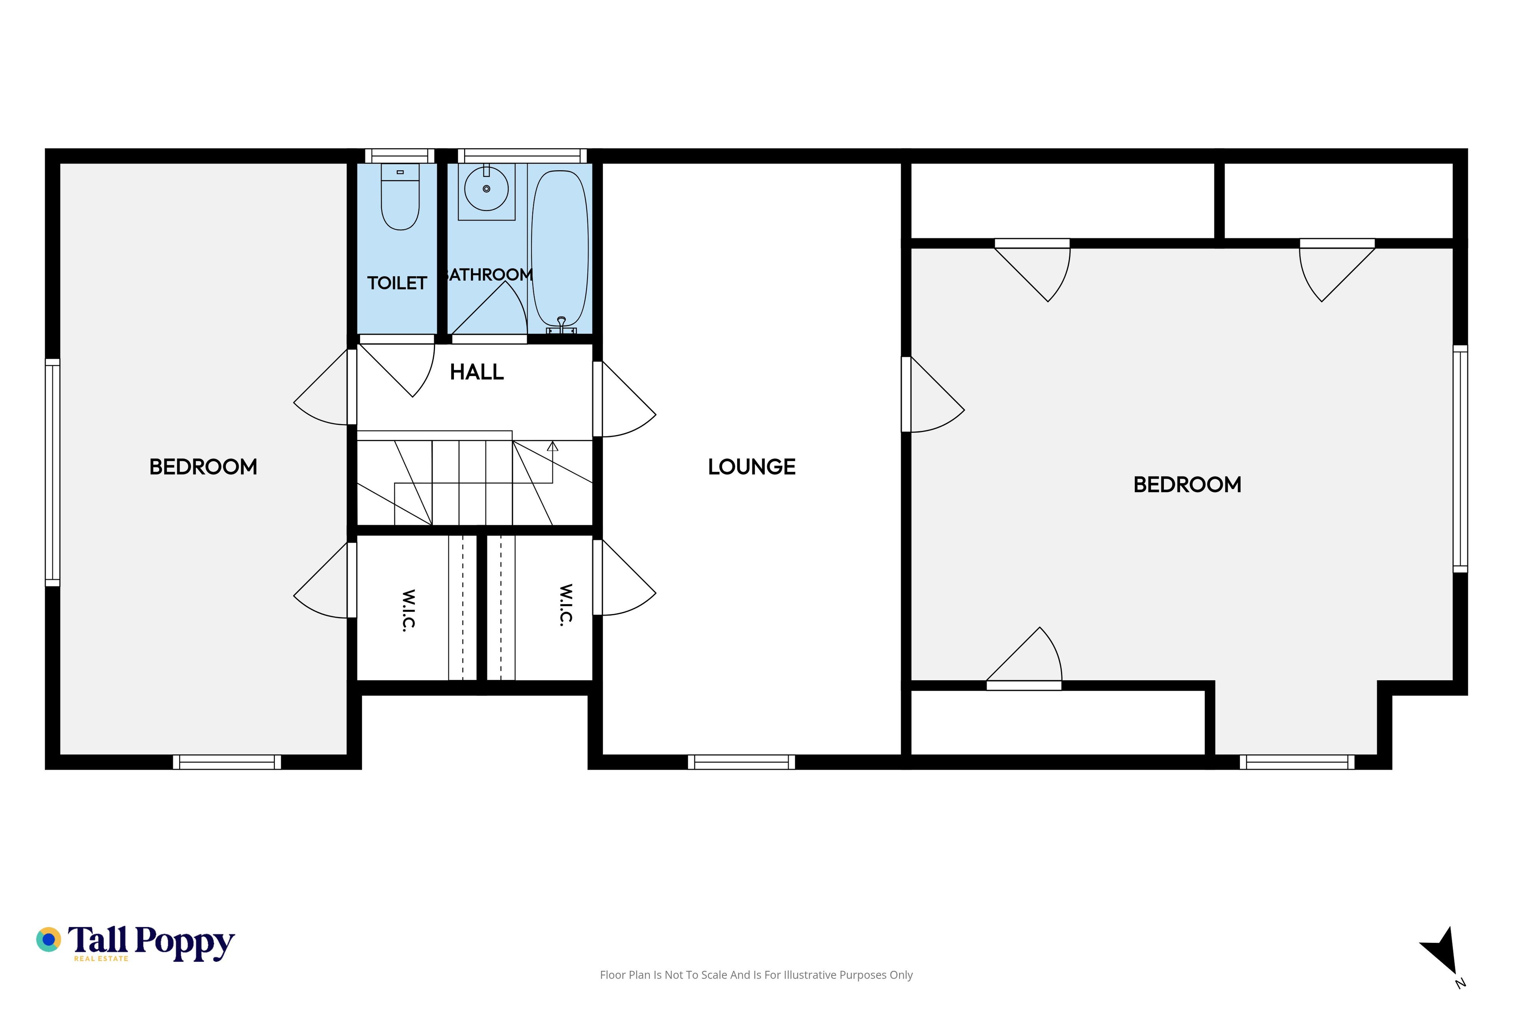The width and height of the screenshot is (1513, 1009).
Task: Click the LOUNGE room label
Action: (x=751, y=467)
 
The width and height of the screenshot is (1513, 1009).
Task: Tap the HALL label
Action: (x=477, y=372)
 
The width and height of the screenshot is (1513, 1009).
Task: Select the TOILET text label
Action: (x=397, y=283)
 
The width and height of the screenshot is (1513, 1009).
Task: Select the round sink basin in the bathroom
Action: (x=486, y=188)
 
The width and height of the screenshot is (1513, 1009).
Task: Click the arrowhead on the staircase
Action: (x=552, y=446)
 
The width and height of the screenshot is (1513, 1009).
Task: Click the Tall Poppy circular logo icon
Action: (x=48, y=940)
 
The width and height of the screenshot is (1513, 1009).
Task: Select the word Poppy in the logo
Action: (x=185, y=943)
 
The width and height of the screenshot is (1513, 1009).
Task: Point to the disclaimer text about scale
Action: (x=756, y=975)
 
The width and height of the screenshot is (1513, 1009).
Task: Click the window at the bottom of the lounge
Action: (x=741, y=762)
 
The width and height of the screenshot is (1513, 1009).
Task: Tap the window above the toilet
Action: (x=400, y=156)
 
